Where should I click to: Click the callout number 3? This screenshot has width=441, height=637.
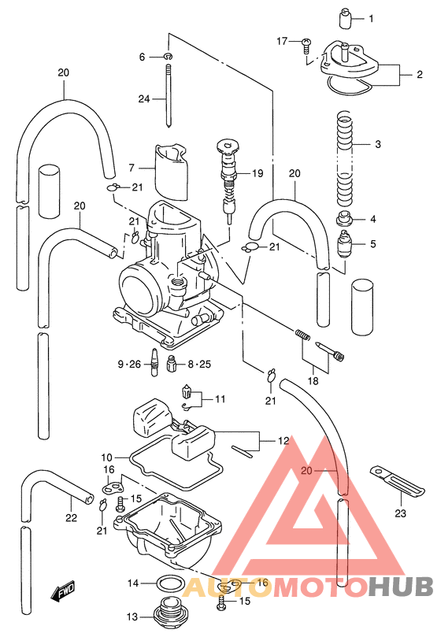pyautogui.click(x=377, y=145)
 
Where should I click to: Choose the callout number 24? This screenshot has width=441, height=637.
pyautogui.click(x=143, y=99)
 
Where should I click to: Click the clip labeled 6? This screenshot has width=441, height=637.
pyautogui.click(x=169, y=57)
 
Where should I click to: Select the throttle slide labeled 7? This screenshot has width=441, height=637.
pyautogui.click(x=172, y=170)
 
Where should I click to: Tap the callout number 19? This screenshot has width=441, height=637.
pyautogui.click(x=257, y=173)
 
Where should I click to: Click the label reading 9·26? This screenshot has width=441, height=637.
pyautogui.click(x=128, y=364)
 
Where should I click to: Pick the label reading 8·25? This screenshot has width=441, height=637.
pyautogui.click(x=199, y=364)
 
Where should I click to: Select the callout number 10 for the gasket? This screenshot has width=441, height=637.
pyautogui.click(x=107, y=457)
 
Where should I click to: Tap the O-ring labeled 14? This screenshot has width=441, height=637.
pyautogui.click(x=168, y=584)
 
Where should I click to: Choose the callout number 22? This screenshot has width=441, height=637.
pyautogui.click(x=71, y=517)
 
